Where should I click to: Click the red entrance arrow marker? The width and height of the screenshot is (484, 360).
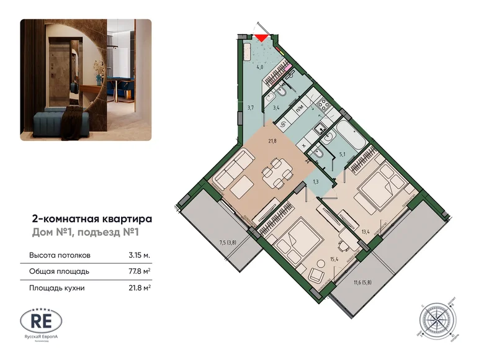(262, 37)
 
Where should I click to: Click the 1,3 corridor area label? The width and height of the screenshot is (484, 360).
(316, 181)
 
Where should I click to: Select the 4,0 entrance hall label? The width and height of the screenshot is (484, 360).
(261, 66)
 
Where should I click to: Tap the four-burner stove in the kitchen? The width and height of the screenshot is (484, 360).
(323, 106)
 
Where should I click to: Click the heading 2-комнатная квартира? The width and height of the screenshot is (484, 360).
(91, 218)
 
